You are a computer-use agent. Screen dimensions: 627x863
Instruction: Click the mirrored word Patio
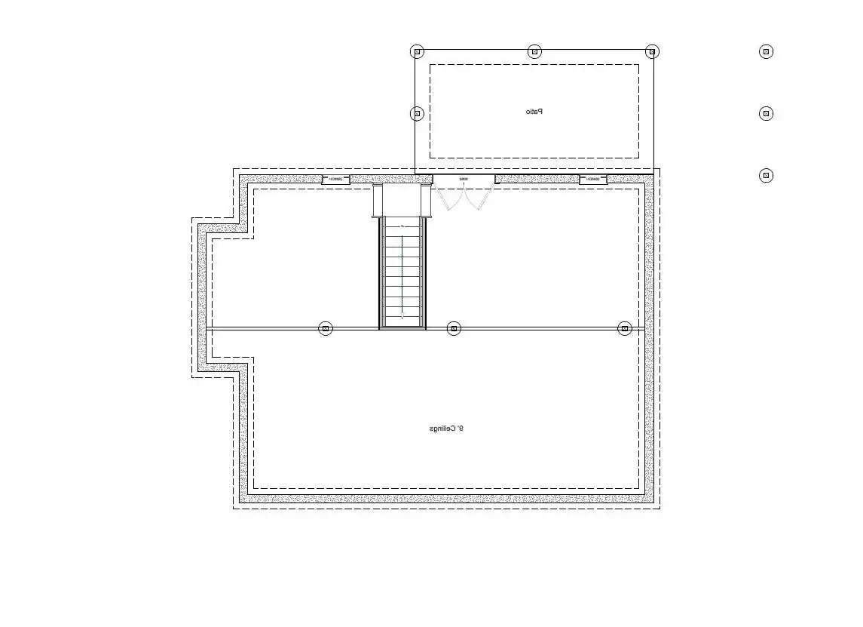coord(534,112)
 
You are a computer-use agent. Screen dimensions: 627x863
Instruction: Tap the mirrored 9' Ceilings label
coord(446,429)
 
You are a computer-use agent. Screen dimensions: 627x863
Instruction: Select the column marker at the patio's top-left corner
coord(417,51)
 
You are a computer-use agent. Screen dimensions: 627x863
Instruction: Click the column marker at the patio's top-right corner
coord(653,51)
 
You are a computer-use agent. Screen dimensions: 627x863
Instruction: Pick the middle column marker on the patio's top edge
coord(534,51)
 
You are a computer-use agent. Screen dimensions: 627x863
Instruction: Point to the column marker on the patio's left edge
coord(417,114)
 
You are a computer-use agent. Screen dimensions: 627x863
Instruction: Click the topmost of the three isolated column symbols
coord(766,51)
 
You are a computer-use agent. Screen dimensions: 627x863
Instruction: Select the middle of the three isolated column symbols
coord(766,114)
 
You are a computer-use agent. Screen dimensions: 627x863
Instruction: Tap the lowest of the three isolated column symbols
coord(766,176)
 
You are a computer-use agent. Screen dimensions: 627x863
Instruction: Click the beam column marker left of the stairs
coord(326,328)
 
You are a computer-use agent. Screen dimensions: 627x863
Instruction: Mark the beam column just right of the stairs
coord(453,328)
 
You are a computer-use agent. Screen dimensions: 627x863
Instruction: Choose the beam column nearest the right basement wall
coord(624,328)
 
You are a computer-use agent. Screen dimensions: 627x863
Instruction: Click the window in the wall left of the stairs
coord(336,180)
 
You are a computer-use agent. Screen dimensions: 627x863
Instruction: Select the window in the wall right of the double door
coord(593,180)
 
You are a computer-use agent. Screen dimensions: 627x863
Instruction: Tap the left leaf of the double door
coord(450,198)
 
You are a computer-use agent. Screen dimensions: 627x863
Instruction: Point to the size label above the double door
coord(464,179)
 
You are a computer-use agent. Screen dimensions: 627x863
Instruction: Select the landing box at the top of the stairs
coord(402,201)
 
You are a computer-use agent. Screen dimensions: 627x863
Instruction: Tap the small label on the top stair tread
coord(402,226)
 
